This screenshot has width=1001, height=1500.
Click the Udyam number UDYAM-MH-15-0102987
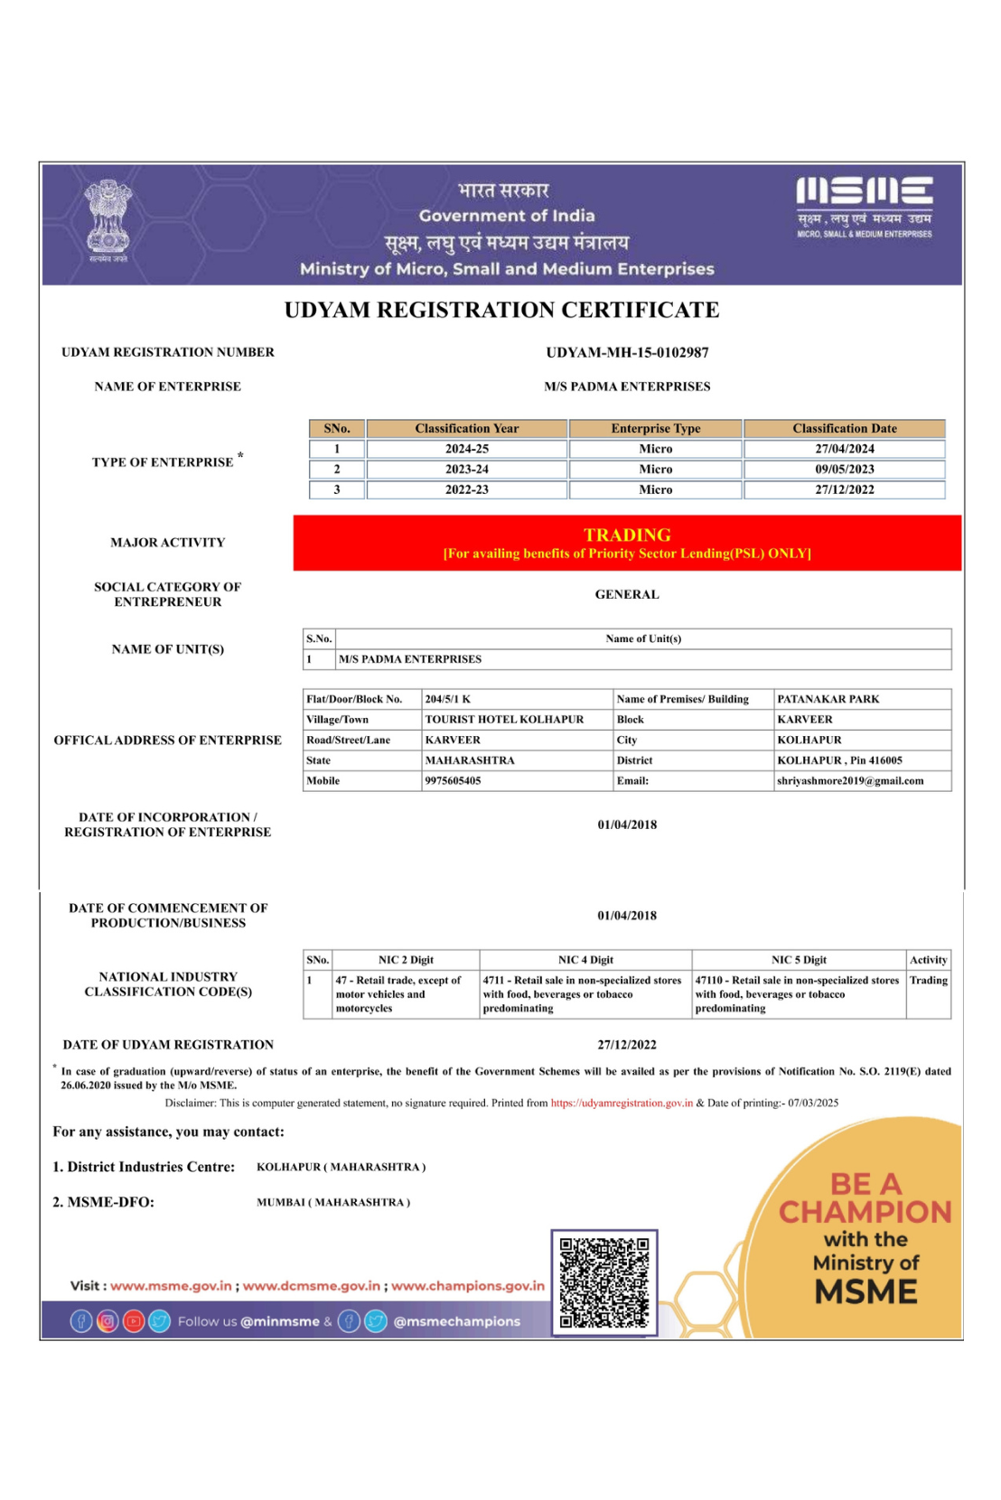(x=627, y=352)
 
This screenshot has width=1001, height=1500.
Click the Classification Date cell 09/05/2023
(x=844, y=470)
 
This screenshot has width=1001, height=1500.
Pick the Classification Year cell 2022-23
(x=466, y=489)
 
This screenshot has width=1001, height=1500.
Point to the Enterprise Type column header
(x=655, y=429)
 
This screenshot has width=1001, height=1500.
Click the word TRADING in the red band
(x=627, y=535)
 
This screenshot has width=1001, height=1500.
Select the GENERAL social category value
(x=627, y=594)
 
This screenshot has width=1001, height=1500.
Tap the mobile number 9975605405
(x=453, y=781)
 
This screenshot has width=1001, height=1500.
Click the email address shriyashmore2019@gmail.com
(x=849, y=781)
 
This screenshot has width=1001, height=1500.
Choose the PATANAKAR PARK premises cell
(x=828, y=699)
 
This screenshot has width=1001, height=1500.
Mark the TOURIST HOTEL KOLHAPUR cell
(x=504, y=720)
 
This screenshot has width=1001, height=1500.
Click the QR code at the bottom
(x=604, y=1282)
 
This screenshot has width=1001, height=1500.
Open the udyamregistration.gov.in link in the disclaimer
(x=622, y=1103)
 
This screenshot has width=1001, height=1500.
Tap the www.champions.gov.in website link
(x=467, y=1286)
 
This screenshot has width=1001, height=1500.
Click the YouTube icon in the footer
(x=134, y=1321)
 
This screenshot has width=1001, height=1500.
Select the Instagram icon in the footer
(x=108, y=1321)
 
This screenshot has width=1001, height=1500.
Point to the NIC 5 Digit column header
(x=799, y=960)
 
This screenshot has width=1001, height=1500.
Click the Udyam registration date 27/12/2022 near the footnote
(x=627, y=1045)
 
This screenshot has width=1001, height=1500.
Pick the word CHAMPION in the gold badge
(x=865, y=1212)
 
